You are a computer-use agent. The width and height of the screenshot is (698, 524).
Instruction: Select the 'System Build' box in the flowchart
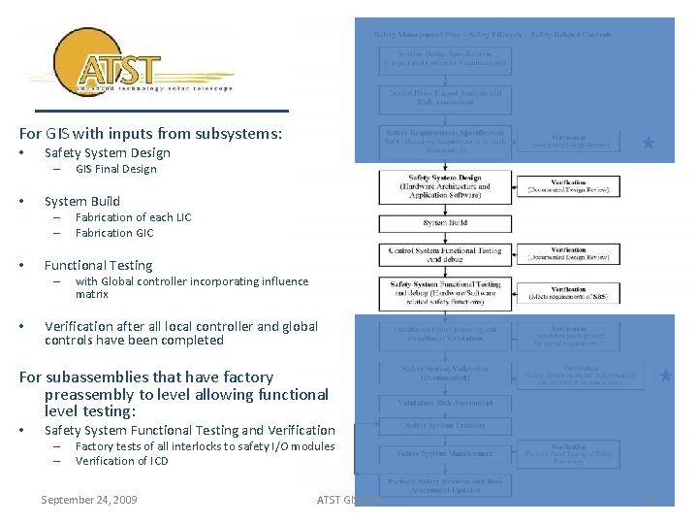point(444,223)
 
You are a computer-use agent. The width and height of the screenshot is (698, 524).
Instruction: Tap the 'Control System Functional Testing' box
point(444,255)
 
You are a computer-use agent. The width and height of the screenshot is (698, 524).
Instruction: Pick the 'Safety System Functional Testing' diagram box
point(444,291)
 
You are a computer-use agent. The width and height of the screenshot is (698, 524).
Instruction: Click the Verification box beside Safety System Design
point(568,185)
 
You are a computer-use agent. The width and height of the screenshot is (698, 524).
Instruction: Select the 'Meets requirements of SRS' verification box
point(568,291)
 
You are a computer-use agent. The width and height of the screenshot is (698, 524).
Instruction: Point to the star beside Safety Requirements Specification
point(649,143)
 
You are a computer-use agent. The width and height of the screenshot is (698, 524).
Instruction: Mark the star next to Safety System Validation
point(666,375)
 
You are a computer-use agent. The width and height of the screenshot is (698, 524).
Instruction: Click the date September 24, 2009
point(89,500)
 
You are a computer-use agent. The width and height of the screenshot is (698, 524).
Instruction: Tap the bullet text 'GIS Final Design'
point(115,169)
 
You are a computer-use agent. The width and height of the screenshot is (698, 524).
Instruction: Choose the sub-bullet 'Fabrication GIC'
point(114,233)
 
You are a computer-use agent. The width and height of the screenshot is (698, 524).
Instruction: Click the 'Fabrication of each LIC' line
point(133,217)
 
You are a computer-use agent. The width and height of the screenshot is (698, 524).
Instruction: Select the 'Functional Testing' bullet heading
point(98,265)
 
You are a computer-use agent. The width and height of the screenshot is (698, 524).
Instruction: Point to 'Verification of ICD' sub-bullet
point(121,461)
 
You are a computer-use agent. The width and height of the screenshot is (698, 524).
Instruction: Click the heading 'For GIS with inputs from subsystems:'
point(150,134)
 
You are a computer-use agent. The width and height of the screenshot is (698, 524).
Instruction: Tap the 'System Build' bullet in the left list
point(82,201)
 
